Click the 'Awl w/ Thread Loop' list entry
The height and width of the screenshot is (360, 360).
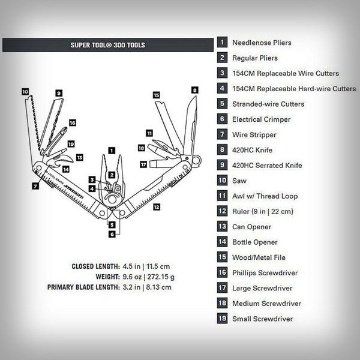(x=265, y=196)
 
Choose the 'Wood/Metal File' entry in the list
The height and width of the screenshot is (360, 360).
(x=260, y=257)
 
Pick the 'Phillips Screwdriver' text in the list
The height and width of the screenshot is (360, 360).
(x=265, y=273)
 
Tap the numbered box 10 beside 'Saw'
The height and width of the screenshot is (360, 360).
(x=223, y=181)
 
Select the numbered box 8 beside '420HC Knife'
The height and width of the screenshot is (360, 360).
(x=223, y=150)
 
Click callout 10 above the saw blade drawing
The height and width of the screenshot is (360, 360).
(x=25, y=92)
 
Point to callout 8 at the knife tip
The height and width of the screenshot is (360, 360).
(x=194, y=89)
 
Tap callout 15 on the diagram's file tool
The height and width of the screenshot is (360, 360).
(x=156, y=95)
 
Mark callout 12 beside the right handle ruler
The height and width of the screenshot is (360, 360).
(x=157, y=207)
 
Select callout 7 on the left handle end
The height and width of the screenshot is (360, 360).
(x=36, y=186)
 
